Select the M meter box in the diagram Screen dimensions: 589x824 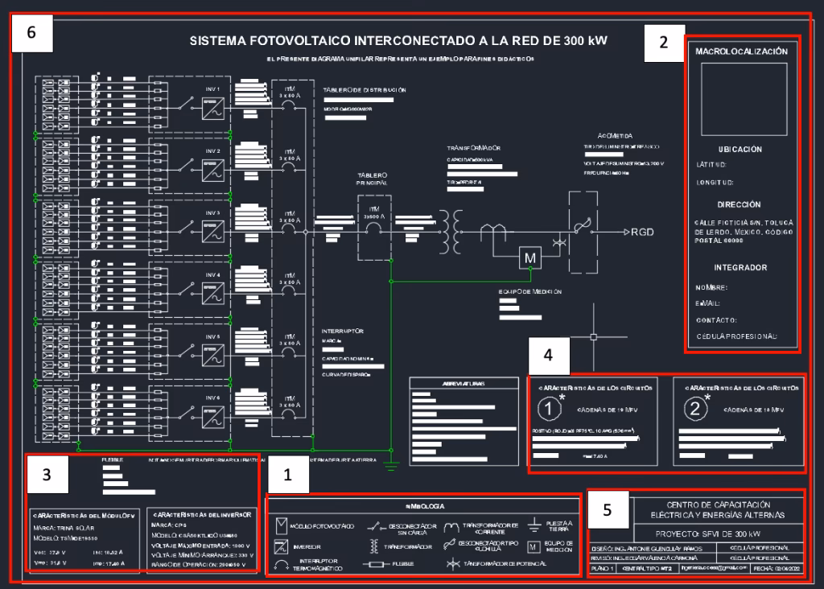point(530,257)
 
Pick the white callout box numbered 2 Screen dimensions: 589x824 point(663,43)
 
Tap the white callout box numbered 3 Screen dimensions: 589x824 point(47,475)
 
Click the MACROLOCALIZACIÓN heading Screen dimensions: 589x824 point(740,51)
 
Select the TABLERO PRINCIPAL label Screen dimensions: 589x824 point(373,179)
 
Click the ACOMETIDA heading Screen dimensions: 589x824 point(616,135)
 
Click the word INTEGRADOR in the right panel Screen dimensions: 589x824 point(740,267)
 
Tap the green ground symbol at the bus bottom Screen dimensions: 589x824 point(390,463)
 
